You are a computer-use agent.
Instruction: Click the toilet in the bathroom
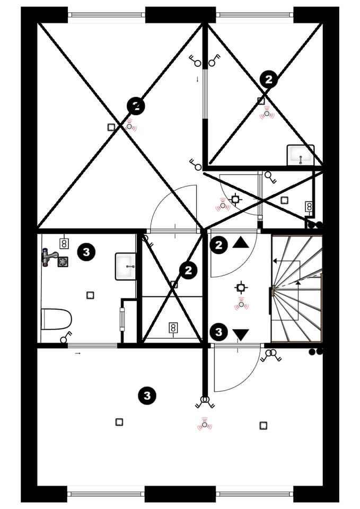56,319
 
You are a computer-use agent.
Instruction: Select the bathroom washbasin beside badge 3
126,267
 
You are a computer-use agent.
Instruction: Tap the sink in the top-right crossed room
301,155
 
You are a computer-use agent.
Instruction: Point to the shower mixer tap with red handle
49,257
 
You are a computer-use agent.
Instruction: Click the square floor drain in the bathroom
63,261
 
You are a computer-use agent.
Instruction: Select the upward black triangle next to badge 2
241,242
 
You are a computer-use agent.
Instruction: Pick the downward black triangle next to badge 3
241,335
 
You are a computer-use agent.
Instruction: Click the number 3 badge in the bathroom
86,251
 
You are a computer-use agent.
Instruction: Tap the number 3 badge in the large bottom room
147,396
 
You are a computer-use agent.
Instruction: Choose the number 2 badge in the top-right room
269,79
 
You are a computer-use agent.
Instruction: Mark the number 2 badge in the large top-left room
136,106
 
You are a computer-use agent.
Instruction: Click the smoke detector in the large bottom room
204,425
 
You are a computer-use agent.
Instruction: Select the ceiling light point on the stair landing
240,287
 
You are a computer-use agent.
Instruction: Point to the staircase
296,288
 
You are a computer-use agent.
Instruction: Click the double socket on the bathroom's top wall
64,243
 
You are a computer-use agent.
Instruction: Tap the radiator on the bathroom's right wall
122,319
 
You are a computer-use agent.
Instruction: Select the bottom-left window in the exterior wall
106,494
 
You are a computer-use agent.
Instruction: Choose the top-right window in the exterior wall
254,14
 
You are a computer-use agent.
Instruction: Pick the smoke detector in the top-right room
267,113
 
